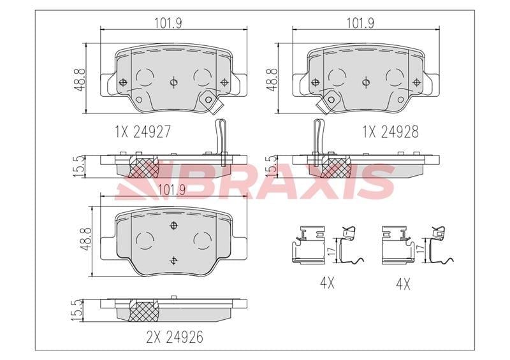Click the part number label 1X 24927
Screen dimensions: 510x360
[142, 132]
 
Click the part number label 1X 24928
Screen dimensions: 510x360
[390, 132]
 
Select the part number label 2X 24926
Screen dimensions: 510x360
[175, 337]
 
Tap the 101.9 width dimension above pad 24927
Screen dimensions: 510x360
[168, 23]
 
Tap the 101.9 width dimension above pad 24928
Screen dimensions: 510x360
[360, 23]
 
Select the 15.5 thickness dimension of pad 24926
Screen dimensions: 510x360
[77, 310]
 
